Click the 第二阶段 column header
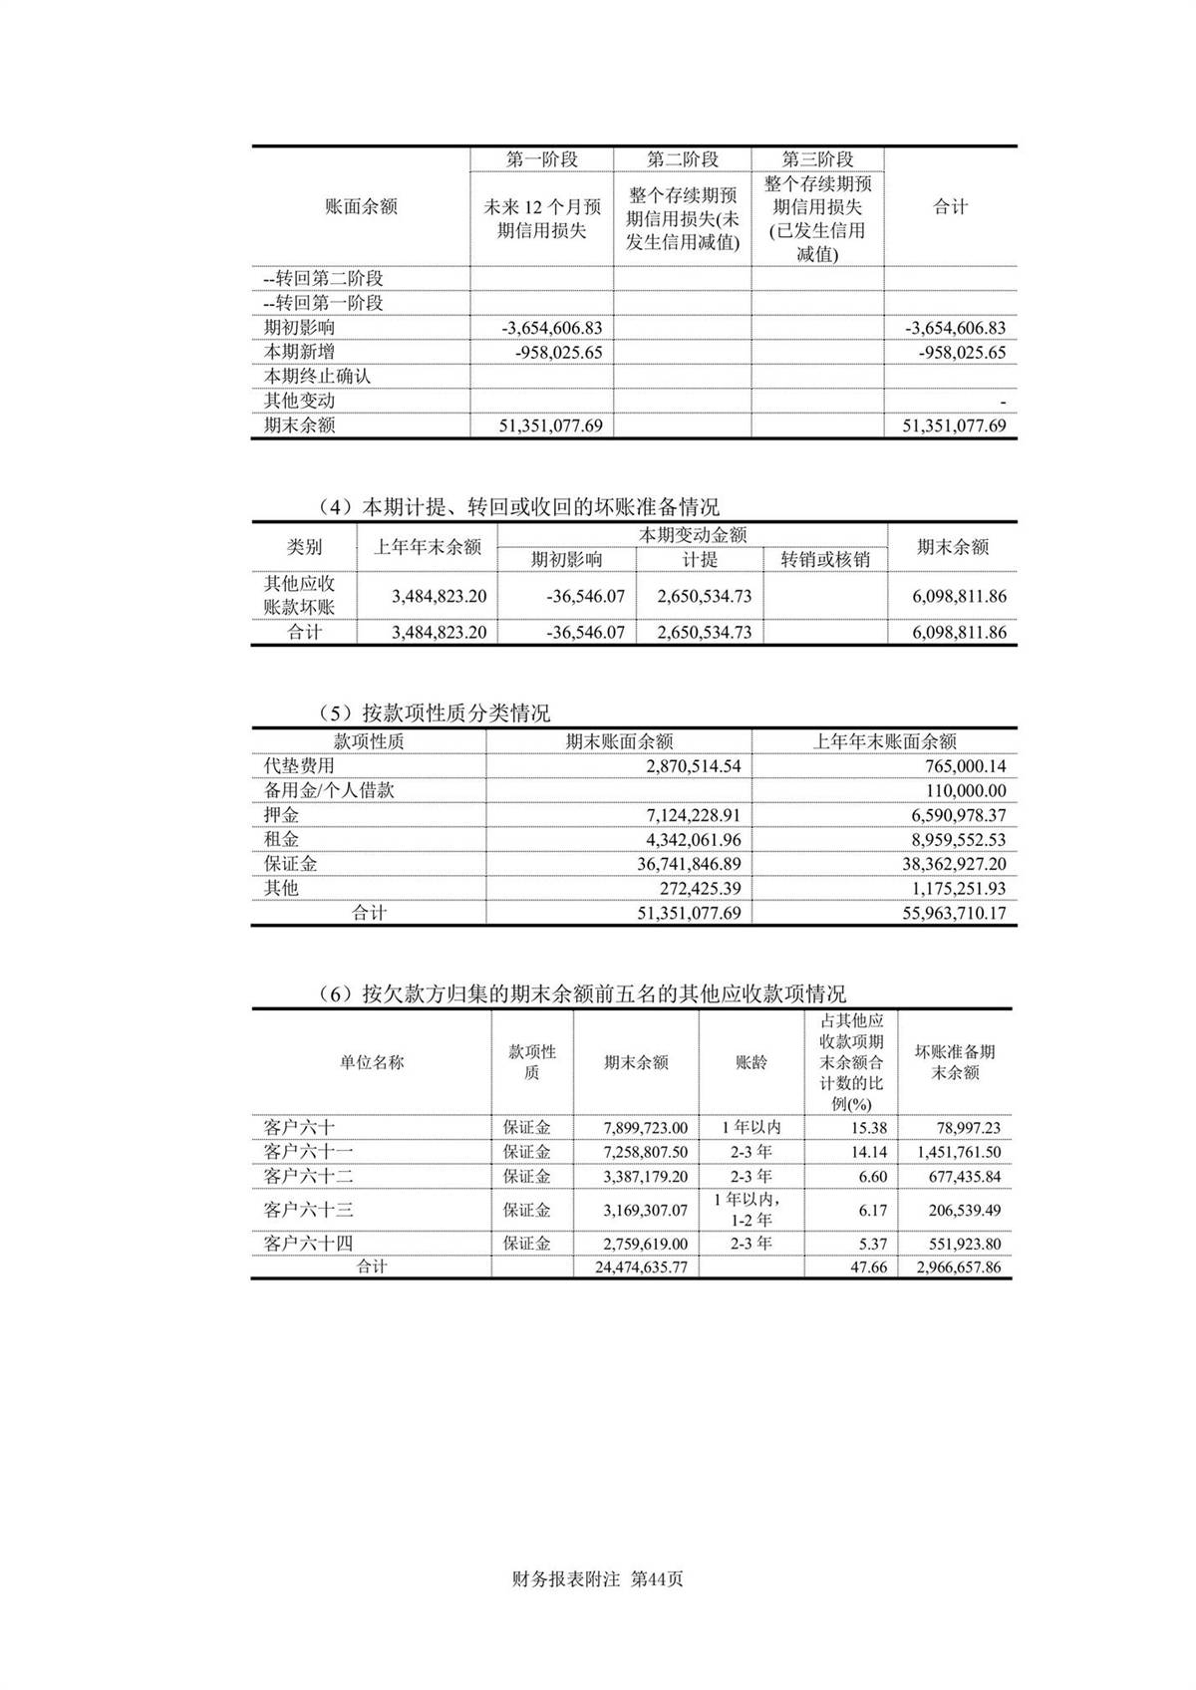pyautogui.click(x=682, y=159)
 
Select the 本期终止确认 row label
pyautogui.click(x=317, y=377)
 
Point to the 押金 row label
pyautogui.click(x=281, y=815)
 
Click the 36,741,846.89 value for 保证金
pyautogui.click(x=689, y=864)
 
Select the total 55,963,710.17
pyautogui.click(x=954, y=913)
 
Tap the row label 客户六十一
pyautogui.click(x=308, y=1152)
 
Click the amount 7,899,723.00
pyautogui.click(x=645, y=1128)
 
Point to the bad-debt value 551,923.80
pyautogui.click(x=958, y=1245)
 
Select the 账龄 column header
pyautogui.click(x=751, y=1062)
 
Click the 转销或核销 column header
pyautogui.click(x=825, y=560)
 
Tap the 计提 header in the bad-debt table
pyautogui.click(x=700, y=560)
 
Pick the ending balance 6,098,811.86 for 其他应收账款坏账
pyautogui.click(x=959, y=597)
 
